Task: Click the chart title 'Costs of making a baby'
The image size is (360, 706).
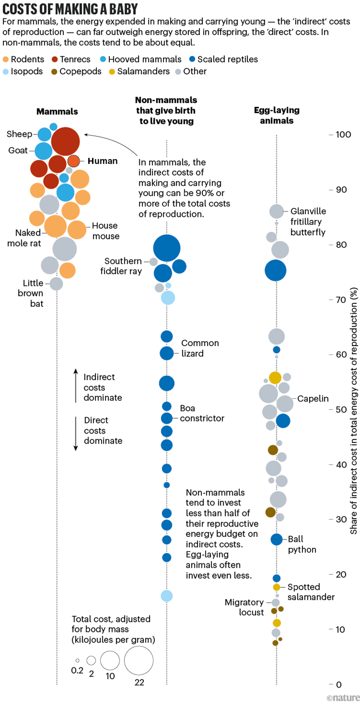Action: click(x=71, y=9)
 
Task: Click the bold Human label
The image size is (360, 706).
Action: click(x=103, y=161)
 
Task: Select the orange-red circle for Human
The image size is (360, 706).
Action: click(x=74, y=161)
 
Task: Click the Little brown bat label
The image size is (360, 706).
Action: click(x=33, y=293)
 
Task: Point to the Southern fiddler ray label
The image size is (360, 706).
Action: click(x=123, y=266)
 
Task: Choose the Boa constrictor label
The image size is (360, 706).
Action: click(x=202, y=413)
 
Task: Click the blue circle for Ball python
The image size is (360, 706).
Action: click(x=276, y=539)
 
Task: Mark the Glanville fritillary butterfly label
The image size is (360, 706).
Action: click(x=308, y=222)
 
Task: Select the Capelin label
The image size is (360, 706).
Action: click(x=313, y=399)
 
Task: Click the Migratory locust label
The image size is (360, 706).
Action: click(x=244, y=607)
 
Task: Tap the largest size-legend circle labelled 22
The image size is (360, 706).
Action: click(x=139, y=660)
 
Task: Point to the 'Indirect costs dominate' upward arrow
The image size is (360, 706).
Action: click(x=76, y=385)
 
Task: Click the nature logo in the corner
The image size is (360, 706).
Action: click(x=343, y=698)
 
